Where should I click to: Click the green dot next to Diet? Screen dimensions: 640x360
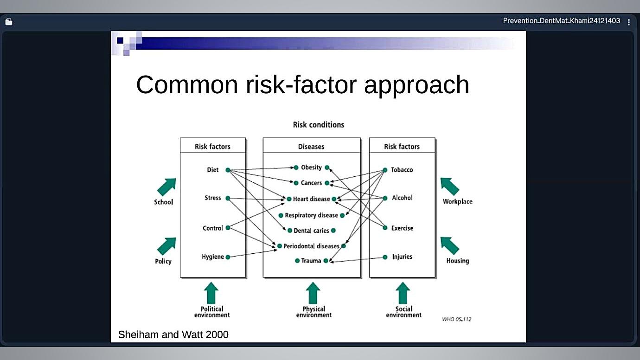click(x=228, y=170)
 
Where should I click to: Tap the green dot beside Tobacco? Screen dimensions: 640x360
click(x=385, y=170)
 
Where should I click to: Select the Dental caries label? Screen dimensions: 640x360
click(x=311, y=231)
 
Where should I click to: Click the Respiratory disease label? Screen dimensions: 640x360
click(x=311, y=215)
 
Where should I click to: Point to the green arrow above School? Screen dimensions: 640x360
click(x=166, y=187)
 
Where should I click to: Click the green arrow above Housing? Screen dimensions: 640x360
click(x=450, y=245)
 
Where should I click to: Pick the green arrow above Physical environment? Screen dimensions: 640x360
click(x=313, y=293)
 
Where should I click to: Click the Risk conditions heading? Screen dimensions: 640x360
click(x=319, y=125)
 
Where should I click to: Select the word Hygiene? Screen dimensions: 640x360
click(x=212, y=257)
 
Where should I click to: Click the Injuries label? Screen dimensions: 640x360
click(x=402, y=257)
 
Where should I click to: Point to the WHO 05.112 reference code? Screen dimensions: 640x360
click(x=456, y=319)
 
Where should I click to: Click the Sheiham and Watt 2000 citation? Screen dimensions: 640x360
click(x=173, y=334)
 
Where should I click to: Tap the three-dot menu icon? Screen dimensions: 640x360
click(x=629, y=22)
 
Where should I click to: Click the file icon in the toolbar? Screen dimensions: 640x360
click(x=9, y=22)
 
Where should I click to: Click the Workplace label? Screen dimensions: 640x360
click(x=457, y=201)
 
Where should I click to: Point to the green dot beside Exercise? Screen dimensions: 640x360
click(x=385, y=228)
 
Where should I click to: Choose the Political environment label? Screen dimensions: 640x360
click(x=212, y=312)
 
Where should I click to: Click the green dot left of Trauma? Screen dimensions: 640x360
click(x=297, y=261)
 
